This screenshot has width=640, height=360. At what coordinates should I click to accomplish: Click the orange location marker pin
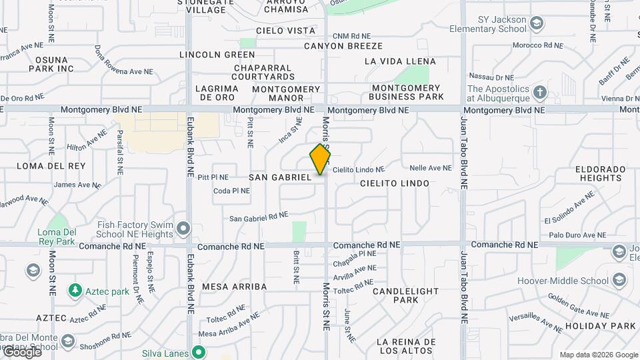coord(320,159)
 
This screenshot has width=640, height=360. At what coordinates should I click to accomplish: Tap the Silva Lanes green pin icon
coord(198,352)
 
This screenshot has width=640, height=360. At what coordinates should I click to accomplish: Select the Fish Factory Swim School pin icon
coord(183,229)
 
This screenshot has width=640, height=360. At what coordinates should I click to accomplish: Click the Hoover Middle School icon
coord(620,279)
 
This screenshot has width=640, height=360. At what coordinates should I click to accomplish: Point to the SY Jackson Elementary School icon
coord(537,25)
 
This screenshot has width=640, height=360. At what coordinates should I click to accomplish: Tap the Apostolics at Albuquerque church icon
coord(539,92)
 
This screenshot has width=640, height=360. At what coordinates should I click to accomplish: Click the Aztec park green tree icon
coord(74,291)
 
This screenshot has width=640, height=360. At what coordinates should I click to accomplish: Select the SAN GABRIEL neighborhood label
coord(280,177)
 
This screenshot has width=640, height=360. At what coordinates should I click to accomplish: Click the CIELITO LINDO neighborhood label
coord(395,183)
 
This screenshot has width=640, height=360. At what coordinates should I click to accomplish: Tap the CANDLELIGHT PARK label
coord(405,296)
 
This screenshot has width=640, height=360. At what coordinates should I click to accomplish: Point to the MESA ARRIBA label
coord(234,287)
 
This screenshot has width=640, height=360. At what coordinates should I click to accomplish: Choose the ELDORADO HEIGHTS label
coord(601,173)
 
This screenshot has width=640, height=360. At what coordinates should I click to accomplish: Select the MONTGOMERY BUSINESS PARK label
coord(407,92)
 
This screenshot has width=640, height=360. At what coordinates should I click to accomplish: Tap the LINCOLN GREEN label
coord(217,55)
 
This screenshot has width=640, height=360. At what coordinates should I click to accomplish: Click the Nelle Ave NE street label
coord(431,168)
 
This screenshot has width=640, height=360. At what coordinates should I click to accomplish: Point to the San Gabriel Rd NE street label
coord(259,217)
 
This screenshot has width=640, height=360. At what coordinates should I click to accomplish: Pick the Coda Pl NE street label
coord(231,191)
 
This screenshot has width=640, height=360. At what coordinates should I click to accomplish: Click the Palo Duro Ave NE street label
coord(577,235)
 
